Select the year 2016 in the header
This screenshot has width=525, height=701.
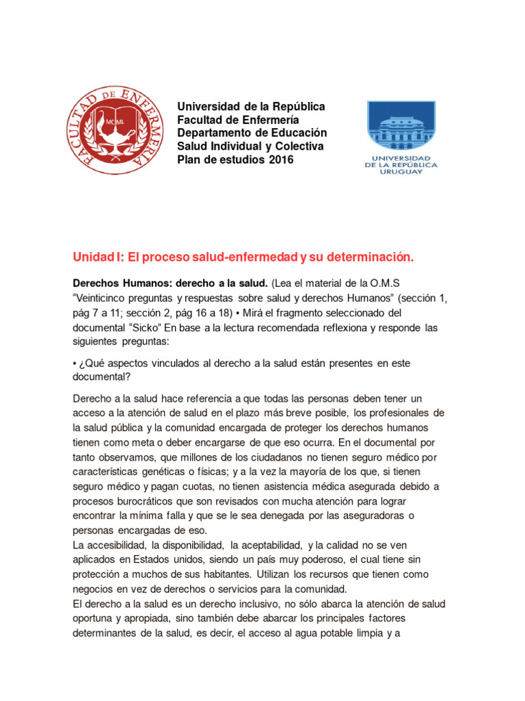click(x=281, y=160)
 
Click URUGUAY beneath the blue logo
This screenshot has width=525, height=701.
click(x=401, y=172)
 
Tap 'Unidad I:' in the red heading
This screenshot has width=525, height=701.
click(x=94, y=257)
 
